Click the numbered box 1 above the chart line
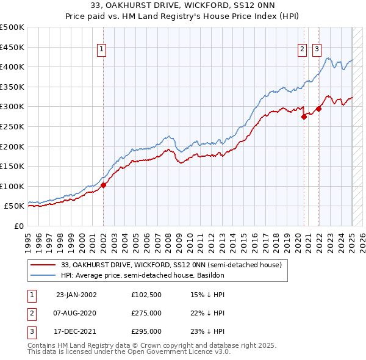(x=101, y=51)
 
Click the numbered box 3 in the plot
(x=317, y=51)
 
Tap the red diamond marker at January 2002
(x=103, y=185)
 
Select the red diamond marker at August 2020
(x=304, y=117)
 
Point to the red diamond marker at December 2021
(x=318, y=109)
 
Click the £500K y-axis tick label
(x=12, y=27)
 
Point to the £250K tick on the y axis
(x=12, y=126)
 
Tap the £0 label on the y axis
(x=19, y=226)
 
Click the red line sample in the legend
(x=43, y=265)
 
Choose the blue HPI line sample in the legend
(x=43, y=276)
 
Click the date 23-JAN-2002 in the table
(x=76, y=295)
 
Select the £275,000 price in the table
(x=146, y=313)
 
